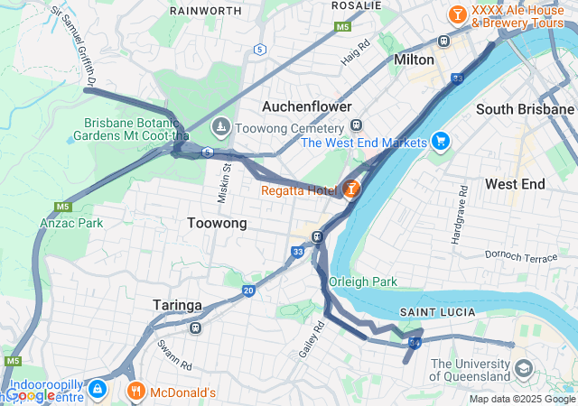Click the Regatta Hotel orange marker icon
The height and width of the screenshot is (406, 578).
351,189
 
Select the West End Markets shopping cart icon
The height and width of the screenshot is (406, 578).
440,142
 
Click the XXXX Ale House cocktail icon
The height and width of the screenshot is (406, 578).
457,14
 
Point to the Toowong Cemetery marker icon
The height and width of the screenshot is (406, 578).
220,127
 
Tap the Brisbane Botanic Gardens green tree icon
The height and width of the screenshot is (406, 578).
71,140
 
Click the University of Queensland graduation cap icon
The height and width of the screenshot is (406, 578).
522,370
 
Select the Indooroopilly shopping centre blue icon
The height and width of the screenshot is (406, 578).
98,390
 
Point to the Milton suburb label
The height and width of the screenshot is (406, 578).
415,60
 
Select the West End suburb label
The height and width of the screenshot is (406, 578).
515,183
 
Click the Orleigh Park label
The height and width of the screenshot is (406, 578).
363,281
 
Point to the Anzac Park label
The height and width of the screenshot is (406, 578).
71,222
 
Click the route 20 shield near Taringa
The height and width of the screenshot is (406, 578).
248,291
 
